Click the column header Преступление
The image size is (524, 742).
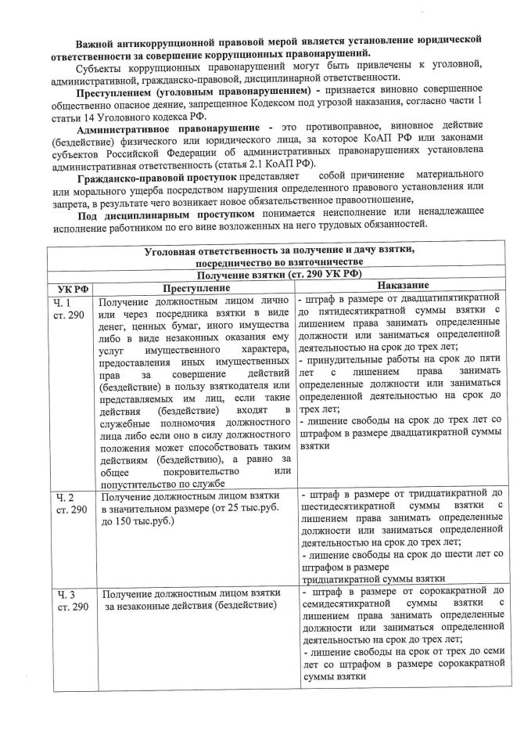(x=196, y=287)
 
